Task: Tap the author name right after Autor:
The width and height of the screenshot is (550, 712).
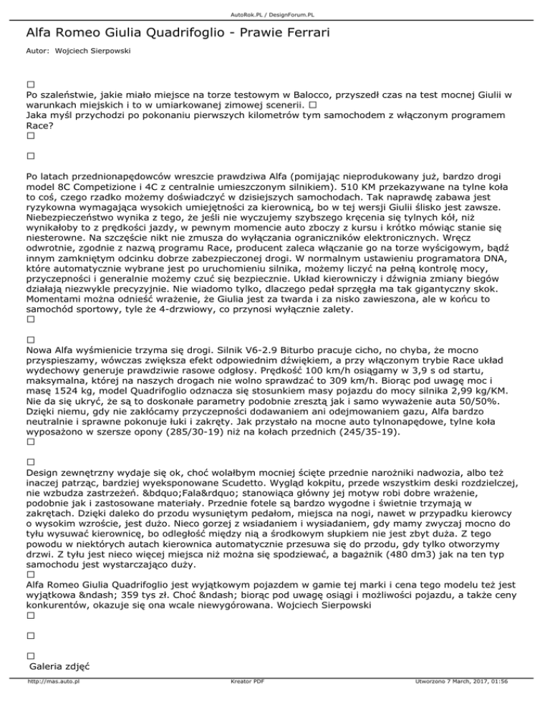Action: (85, 52)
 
